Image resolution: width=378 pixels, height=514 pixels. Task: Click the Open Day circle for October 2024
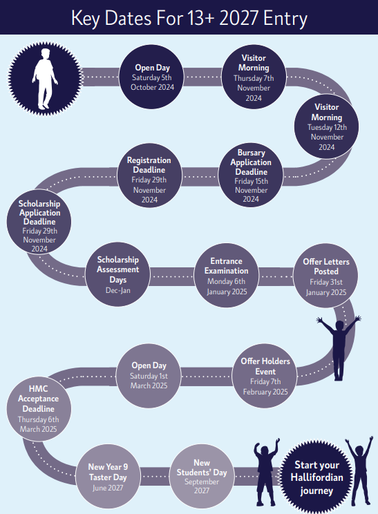[x=151, y=77]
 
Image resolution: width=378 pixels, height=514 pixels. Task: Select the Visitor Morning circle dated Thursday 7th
[x=254, y=77]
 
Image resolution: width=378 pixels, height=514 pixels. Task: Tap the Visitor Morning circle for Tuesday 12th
[x=327, y=126]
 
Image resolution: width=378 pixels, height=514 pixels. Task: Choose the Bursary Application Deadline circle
[x=251, y=175]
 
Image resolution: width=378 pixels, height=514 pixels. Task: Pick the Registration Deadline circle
[x=149, y=175]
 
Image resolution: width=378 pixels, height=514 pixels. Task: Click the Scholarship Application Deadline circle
[x=39, y=222]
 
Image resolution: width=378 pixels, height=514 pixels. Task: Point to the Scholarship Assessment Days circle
[x=117, y=275]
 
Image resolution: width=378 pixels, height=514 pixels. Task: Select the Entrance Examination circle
[x=226, y=276]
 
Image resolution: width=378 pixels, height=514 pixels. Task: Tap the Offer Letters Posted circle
[x=326, y=276]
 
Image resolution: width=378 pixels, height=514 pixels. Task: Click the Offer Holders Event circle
[x=265, y=376]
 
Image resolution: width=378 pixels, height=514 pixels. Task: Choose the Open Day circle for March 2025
[x=149, y=376]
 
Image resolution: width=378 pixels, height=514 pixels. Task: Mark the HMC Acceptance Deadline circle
[x=39, y=409]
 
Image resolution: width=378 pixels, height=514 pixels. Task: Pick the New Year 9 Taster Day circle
[x=108, y=477]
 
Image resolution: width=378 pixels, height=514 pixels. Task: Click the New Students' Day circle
[x=202, y=477]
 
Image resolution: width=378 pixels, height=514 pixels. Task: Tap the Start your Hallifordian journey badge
[x=316, y=477]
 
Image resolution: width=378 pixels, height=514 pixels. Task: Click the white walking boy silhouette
[x=45, y=79]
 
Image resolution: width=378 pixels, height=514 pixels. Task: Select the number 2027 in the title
[x=238, y=18]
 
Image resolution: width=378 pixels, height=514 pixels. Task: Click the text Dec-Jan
[x=118, y=290]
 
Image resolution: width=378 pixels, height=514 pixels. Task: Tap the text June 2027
[x=108, y=488]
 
